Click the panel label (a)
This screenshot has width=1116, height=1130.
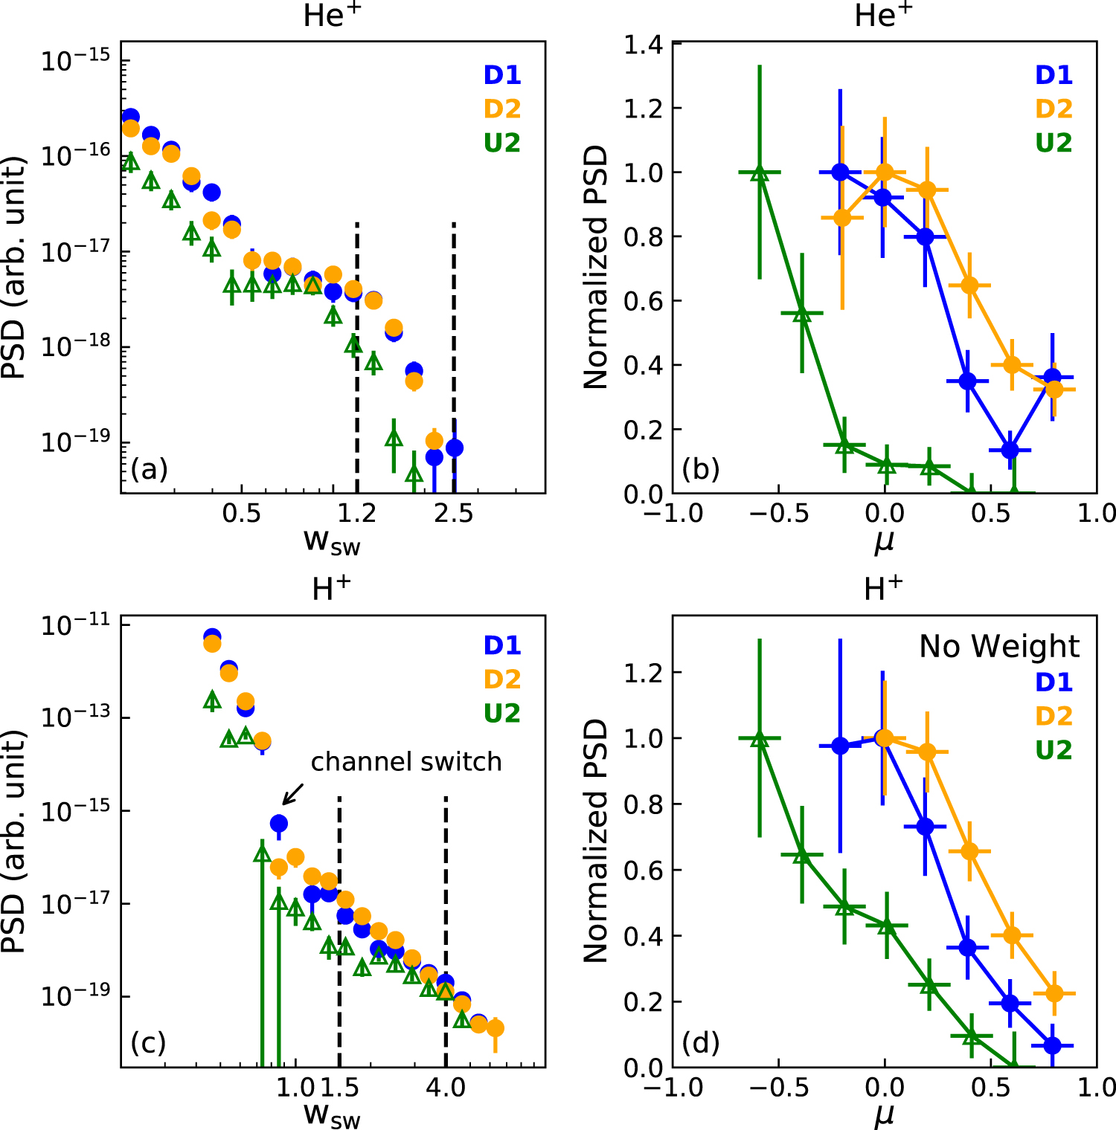point(149,470)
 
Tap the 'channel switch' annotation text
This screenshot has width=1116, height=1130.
point(405,762)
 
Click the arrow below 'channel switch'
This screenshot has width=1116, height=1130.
point(293,794)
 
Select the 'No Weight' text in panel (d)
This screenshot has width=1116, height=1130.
point(998,647)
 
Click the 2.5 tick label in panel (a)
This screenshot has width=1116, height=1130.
point(454,514)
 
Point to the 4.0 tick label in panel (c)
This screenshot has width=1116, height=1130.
point(446,1088)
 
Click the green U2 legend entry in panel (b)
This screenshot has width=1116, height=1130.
point(1054,143)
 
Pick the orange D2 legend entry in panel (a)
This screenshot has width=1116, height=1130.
point(502,109)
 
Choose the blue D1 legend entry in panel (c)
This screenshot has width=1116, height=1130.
point(502,645)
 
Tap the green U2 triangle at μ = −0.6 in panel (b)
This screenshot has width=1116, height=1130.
point(760,173)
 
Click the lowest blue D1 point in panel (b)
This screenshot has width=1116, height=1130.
point(1010,450)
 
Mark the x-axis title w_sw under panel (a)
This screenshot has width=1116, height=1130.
point(332,542)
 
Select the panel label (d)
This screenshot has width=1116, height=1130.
point(701,1043)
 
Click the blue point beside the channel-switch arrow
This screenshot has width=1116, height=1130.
point(279,823)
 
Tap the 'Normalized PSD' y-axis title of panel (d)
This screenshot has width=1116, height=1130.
point(596,840)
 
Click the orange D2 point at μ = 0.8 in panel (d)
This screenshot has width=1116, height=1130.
point(1054,993)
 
